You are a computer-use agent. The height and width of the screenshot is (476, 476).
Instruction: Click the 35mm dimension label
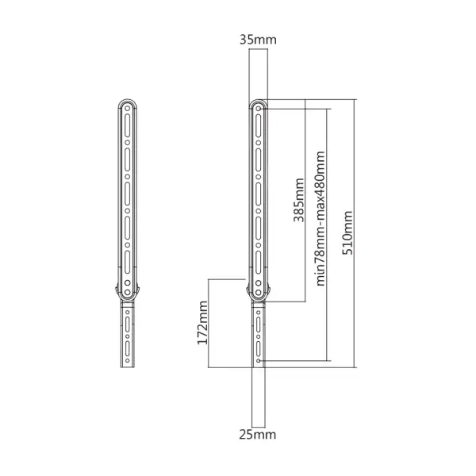click(x=258, y=40)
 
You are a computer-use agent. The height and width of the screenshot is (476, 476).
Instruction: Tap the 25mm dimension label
click(x=258, y=435)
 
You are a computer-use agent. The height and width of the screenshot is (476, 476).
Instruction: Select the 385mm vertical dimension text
click(x=299, y=200)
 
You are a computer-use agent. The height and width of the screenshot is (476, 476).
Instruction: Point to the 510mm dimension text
click(x=347, y=232)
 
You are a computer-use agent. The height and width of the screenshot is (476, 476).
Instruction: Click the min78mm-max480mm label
click(x=321, y=219)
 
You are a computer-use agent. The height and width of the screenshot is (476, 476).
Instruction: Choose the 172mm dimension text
click(x=202, y=323)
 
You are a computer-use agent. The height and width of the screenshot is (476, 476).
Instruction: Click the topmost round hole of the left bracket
click(x=128, y=109)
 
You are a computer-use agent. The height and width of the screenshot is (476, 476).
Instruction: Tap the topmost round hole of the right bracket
click(x=259, y=109)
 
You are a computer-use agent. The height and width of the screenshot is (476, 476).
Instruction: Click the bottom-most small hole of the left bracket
click(x=128, y=361)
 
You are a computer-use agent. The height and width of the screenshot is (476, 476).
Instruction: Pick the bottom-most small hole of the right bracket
click(x=259, y=361)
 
